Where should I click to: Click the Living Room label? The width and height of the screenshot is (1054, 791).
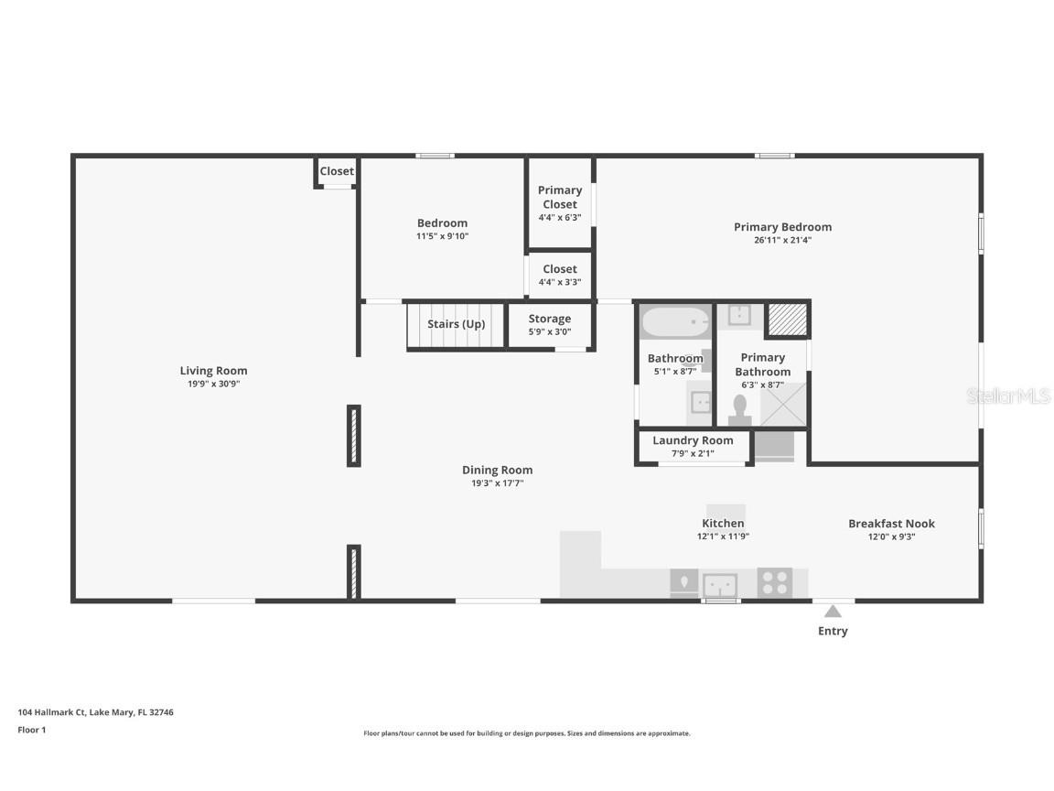213,371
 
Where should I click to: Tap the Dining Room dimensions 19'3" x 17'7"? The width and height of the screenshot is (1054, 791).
497,483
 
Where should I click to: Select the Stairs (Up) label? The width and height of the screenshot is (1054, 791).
456,324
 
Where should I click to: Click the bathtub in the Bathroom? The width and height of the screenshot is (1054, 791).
675,322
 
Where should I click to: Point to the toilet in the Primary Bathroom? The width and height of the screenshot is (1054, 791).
739,409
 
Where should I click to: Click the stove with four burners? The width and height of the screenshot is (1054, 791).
775,582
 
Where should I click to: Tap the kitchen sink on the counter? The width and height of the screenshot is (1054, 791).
720,583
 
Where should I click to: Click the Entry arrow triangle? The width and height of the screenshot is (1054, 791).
833,612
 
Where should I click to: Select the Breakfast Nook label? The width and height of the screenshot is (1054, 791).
891,524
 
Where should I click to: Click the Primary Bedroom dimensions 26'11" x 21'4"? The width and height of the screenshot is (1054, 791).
782,241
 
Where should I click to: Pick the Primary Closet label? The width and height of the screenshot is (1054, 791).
560,197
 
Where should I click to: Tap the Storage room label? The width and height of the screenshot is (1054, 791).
549,319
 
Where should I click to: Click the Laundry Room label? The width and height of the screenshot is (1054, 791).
693,440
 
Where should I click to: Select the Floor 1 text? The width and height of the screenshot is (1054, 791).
31,730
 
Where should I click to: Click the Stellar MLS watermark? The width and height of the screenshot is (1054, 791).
1008,396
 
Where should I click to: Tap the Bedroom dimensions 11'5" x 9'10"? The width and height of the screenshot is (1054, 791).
442,236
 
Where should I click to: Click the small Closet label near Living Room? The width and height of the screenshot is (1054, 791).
337,171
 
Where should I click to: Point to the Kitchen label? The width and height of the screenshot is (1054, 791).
723,524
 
